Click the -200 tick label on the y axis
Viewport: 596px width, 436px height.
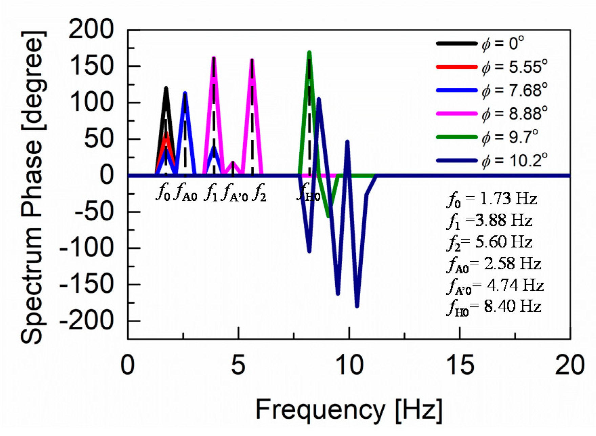pos(86,321)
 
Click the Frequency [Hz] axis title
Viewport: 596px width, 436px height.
pos(349,410)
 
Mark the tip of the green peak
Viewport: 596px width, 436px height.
pos(309,52)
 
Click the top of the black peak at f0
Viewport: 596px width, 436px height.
pos(166,89)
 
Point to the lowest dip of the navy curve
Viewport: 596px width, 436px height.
pos(357,306)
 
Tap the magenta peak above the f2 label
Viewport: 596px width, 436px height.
pos(252,60)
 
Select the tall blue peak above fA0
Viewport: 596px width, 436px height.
pos(185,93)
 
